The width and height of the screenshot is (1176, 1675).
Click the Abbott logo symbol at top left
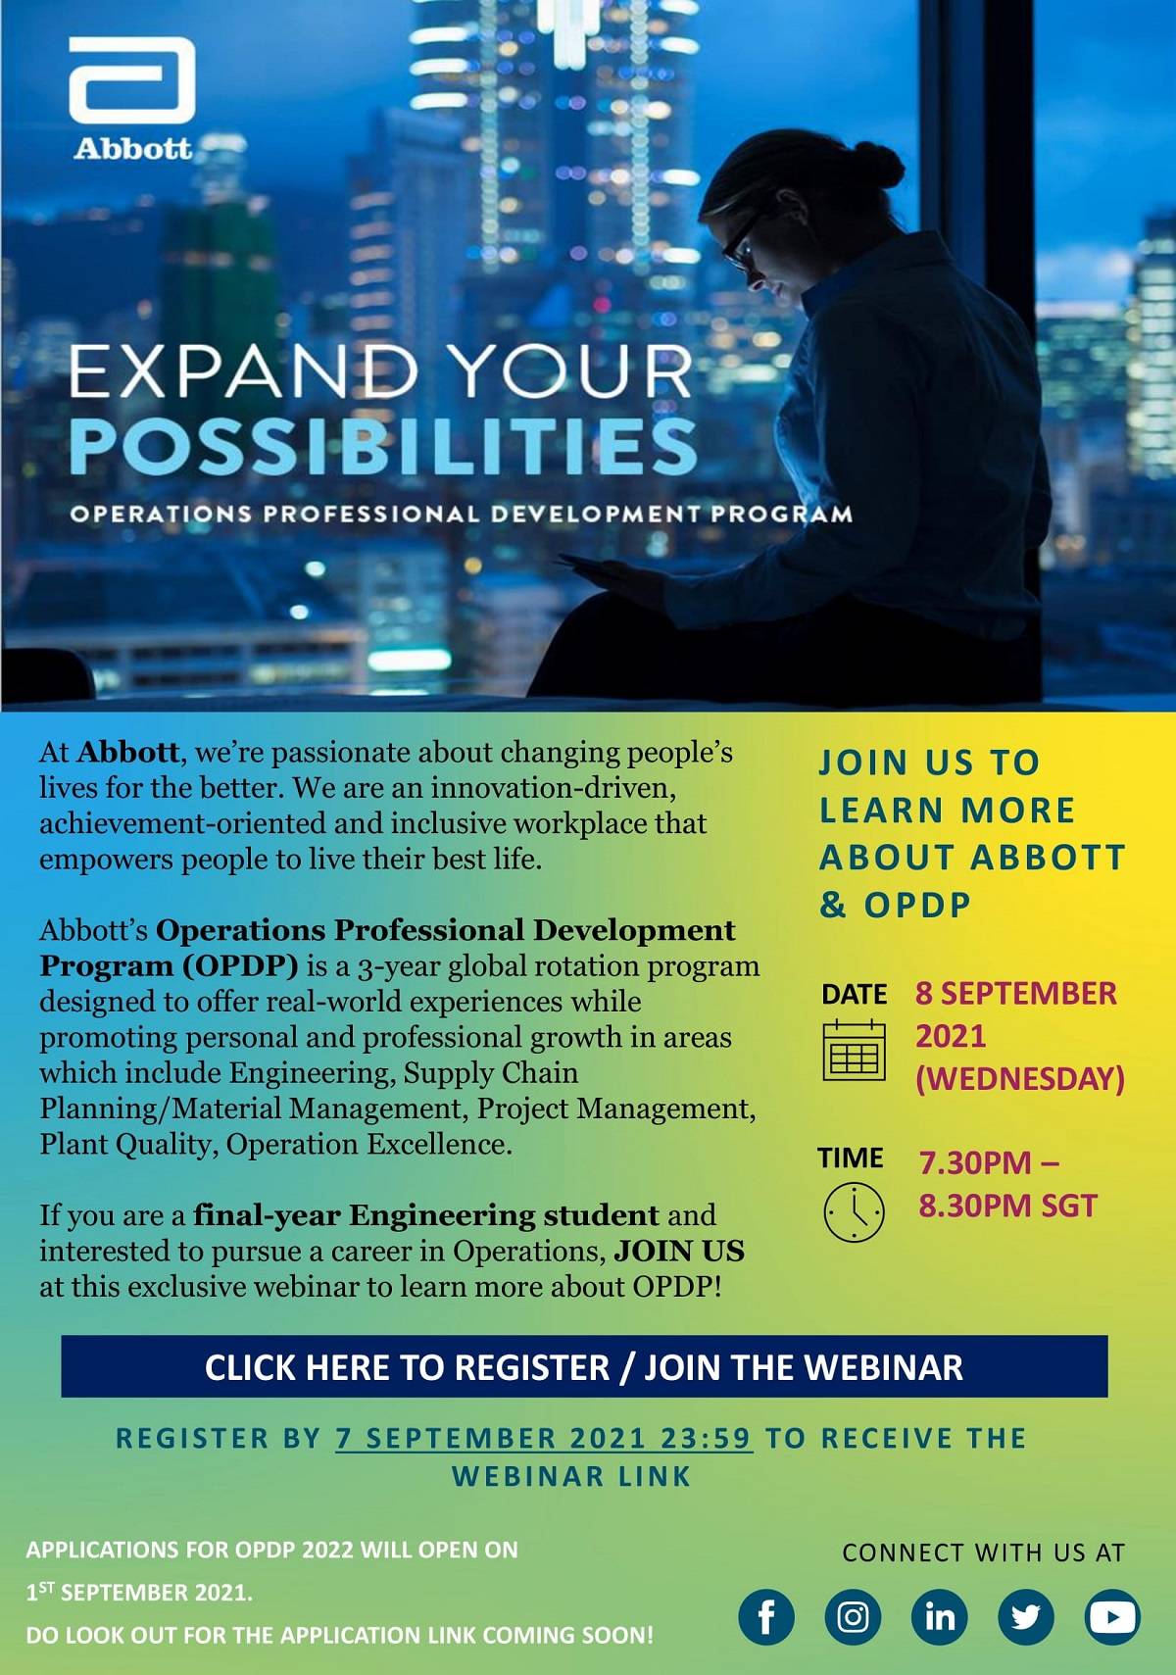131,80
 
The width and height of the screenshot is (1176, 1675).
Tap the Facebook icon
765,1616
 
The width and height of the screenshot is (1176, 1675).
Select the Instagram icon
853,1616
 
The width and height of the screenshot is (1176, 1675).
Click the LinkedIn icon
939,1616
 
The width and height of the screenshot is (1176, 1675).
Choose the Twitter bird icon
1025,1616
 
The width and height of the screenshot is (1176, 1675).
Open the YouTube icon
1112,1616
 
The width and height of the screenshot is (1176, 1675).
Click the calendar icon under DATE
854,1050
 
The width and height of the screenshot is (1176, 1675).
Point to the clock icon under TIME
854,1212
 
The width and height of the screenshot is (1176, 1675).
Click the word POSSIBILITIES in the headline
383,447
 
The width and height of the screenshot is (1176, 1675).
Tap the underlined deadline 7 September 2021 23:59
544,1438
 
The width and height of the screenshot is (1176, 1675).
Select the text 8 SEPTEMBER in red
1016,993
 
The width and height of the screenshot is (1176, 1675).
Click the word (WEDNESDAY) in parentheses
1020,1078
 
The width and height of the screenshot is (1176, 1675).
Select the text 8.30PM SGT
1007,1206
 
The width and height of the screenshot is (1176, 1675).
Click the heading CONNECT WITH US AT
983,1552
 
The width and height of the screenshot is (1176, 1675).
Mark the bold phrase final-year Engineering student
426,1215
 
